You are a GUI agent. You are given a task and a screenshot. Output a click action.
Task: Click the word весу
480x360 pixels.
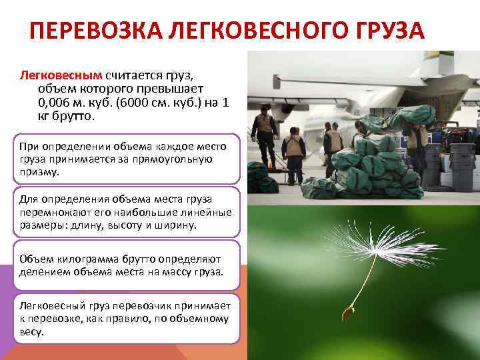tap(31, 331)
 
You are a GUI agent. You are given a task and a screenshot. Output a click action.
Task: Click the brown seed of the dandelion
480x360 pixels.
tap(347, 312)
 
